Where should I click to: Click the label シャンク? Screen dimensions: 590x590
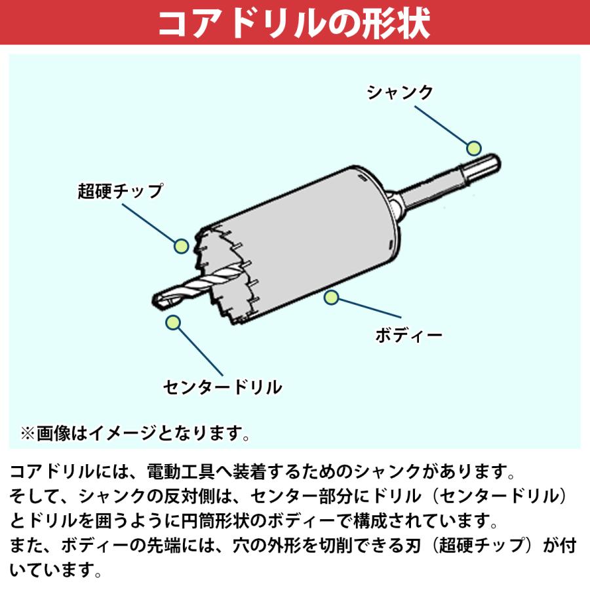click(x=399, y=92)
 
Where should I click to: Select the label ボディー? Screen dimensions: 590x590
click(x=408, y=335)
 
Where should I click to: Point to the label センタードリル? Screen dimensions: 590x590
click(x=223, y=387)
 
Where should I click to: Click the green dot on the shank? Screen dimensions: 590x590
click(x=474, y=146)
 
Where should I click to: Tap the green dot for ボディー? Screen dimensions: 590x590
click(x=332, y=298)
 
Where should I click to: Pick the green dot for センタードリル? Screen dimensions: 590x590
click(x=173, y=322)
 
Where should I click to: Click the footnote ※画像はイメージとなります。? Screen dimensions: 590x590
click(x=135, y=433)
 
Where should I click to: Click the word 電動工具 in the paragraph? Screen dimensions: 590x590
click(x=181, y=473)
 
